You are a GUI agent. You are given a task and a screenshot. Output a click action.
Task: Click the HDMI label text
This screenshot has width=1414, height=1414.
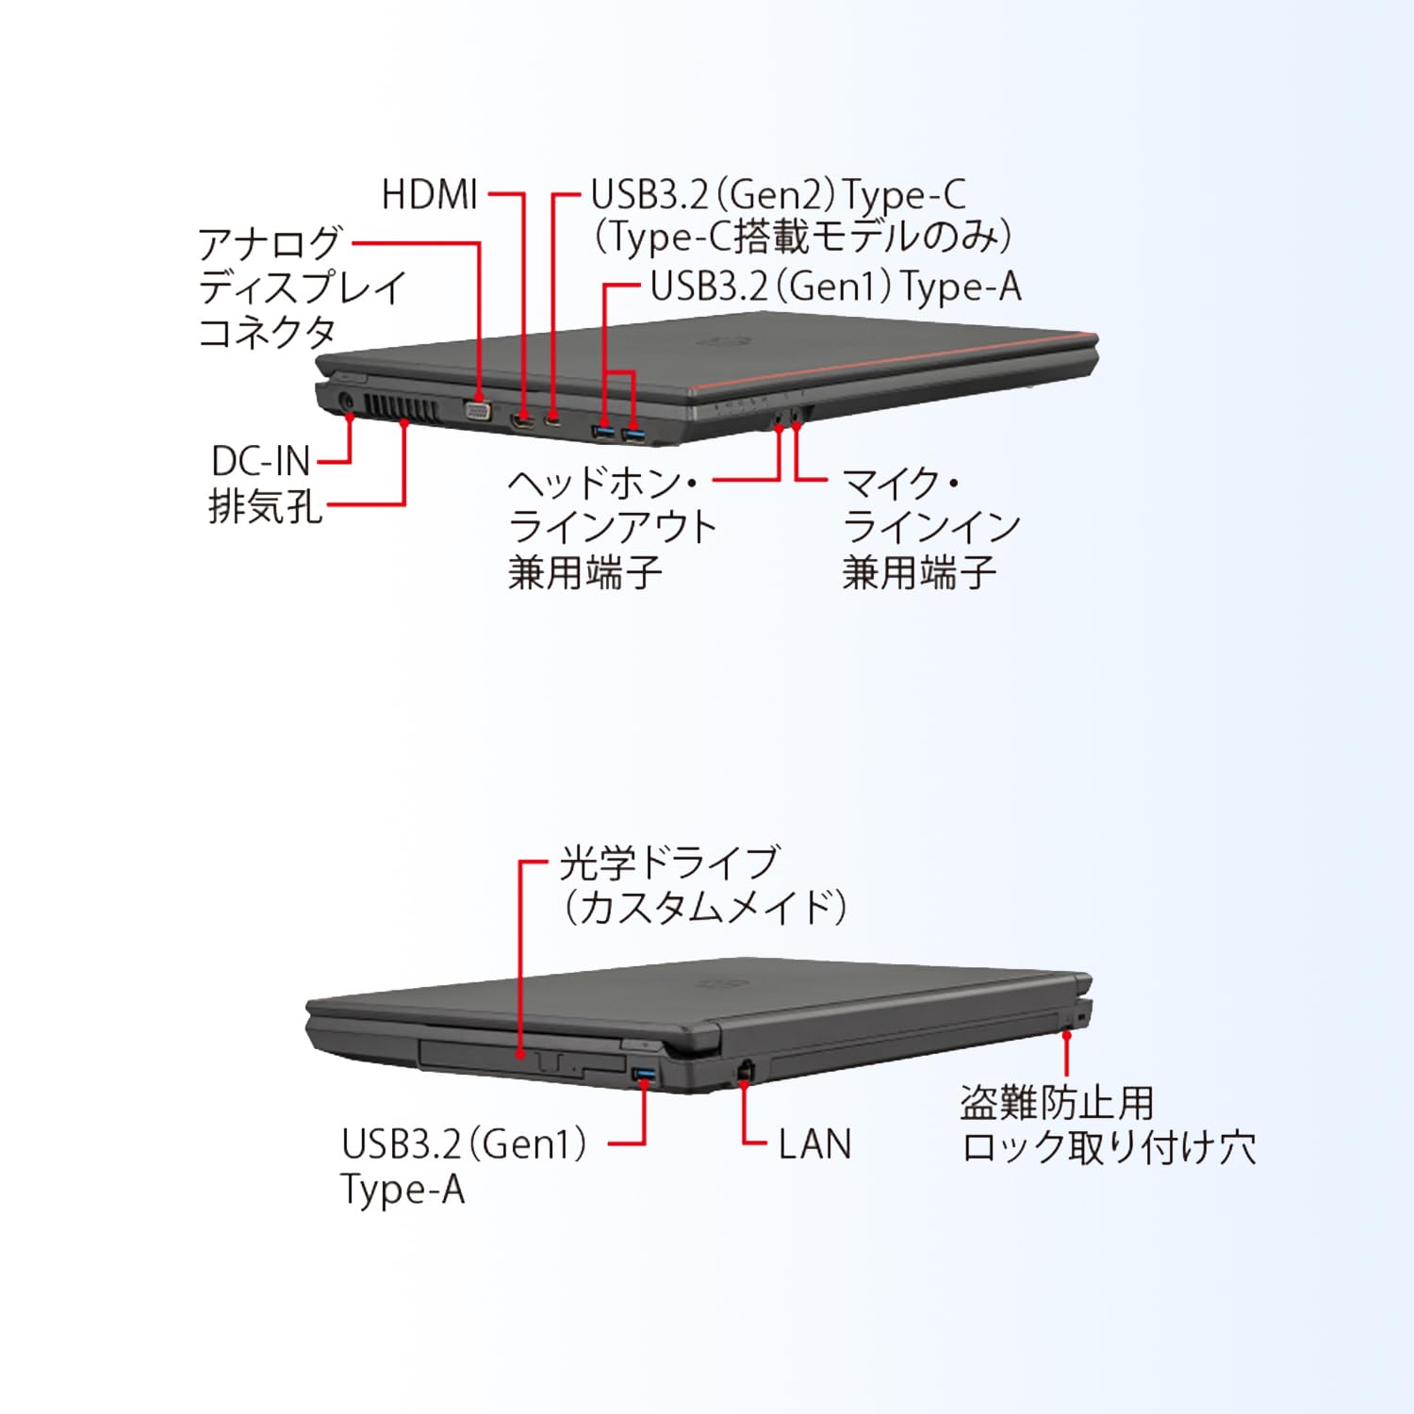pyautogui.click(x=429, y=195)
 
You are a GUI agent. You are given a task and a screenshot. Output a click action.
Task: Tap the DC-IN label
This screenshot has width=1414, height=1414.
pyautogui.click(x=260, y=461)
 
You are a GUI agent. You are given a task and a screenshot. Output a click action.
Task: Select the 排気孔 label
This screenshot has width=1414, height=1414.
pyautogui.click(x=265, y=506)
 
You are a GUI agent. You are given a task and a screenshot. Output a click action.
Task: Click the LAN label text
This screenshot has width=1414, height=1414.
pyautogui.click(x=814, y=1144)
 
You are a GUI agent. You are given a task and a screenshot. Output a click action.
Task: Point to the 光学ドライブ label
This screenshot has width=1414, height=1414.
pyautogui.click(x=668, y=862)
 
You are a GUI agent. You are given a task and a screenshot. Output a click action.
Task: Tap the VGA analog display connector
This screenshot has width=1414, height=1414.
pyautogui.click(x=478, y=410)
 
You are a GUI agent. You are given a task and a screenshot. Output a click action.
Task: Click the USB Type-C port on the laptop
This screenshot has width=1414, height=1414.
pyautogui.click(x=553, y=420)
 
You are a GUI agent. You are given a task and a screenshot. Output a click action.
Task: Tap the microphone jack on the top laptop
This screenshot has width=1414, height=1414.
pyautogui.click(x=797, y=414)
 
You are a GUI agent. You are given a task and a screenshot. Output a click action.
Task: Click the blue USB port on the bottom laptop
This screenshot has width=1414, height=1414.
pyautogui.click(x=645, y=1075)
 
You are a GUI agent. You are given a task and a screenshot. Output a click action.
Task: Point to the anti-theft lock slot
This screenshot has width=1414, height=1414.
pyautogui.click(x=1068, y=1024)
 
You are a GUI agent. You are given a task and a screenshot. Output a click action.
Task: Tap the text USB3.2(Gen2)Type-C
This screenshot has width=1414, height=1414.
pyautogui.click(x=778, y=195)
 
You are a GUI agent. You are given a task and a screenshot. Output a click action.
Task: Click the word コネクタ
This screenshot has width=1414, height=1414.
pyautogui.click(x=267, y=332)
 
